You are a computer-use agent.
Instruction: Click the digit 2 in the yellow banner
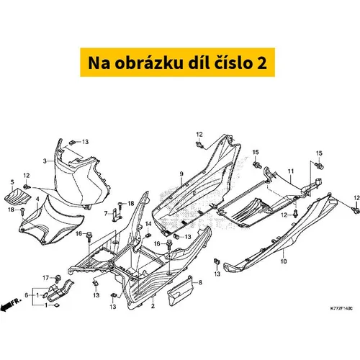click(261, 63)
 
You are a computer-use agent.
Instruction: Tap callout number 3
click(45, 161)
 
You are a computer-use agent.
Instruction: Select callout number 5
click(12, 183)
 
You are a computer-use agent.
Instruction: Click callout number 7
click(106, 213)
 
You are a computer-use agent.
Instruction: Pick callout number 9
click(181, 174)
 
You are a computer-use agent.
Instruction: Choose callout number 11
click(291, 171)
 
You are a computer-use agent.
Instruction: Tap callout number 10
click(284, 261)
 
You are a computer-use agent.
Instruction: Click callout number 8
click(200, 282)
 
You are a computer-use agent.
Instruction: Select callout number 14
click(148, 224)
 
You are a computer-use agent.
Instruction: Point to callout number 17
click(45, 278)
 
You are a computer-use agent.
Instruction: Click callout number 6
click(27, 295)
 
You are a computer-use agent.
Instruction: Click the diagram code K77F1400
click(341, 308)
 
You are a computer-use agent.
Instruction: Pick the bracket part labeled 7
click(117, 215)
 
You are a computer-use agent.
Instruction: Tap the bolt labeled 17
click(58, 279)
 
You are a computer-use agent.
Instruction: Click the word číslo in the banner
click(231, 63)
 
